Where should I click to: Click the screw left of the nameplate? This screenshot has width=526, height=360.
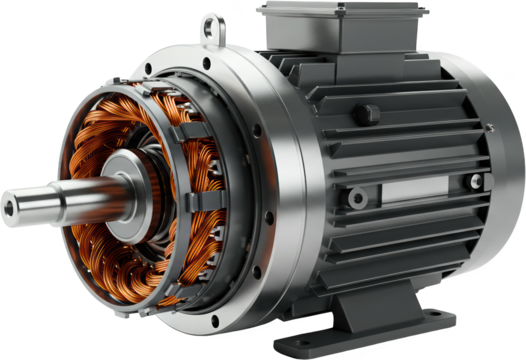point(356,199)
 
